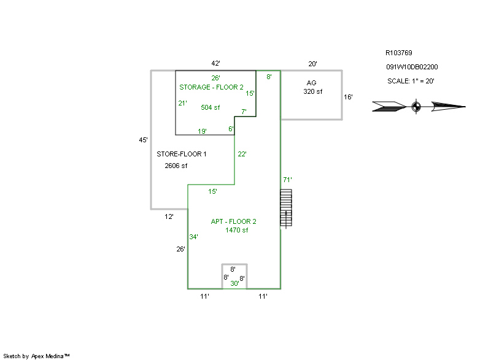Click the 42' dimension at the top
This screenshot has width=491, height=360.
pyautogui.click(x=215, y=64)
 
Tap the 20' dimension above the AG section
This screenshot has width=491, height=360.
pyautogui.click(x=312, y=64)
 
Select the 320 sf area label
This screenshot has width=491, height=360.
pyautogui.click(x=312, y=91)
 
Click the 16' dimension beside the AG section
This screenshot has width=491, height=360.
pyautogui.click(x=348, y=97)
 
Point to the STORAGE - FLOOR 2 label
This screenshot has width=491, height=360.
pyautogui.click(x=211, y=87)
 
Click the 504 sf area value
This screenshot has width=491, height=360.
pyautogui.click(x=210, y=107)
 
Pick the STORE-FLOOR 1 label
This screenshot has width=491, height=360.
pyautogui.click(x=181, y=154)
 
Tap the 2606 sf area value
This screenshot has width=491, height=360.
pyautogui.click(x=176, y=166)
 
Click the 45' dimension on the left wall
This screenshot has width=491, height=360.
pyautogui.click(x=144, y=140)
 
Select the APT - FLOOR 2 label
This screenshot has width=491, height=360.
pyautogui.click(x=234, y=222)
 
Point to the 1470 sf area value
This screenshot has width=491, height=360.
pyautogui.click(x=236, y=230)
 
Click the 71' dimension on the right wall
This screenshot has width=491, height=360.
pyautogui.click(x=287, y=180)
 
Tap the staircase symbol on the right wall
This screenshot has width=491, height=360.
pyautogui.click(x=286, y=208)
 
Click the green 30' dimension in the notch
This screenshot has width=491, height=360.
pyautogui.click(x=234, y=283)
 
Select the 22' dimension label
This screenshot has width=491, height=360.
pyautogui.click(x=242, y=154)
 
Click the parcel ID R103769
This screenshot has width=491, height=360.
pyautogui.click(x=398, y=53)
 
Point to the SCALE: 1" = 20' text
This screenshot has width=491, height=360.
pyautogui.click(x=411, y=81)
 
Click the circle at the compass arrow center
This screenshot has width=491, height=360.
pyautogui.click(x=416, y=107)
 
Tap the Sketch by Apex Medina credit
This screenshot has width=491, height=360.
pyautogui.click(x=36, y=356)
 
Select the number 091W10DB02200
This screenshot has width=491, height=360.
pyautogui.click(x=412, y=67)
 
